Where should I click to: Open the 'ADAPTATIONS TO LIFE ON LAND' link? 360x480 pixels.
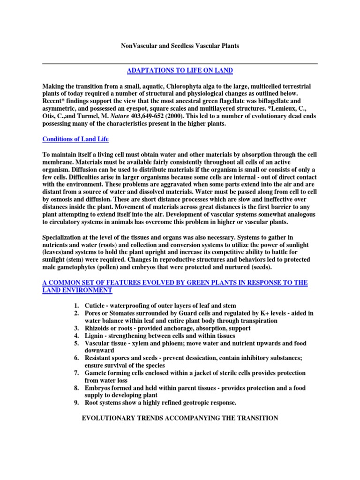[180, 71]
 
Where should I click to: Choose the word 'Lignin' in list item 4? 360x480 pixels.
[94, 336]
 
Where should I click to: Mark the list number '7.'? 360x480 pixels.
[76, 373]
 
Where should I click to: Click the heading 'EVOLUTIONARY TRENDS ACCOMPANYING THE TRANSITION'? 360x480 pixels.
[180, 418]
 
